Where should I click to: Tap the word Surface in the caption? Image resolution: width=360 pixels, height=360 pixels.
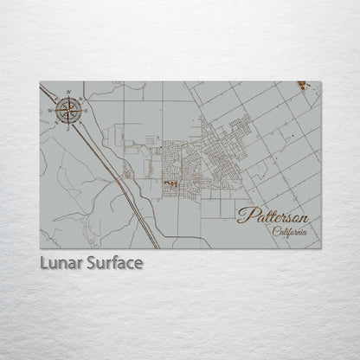[x=112, y=261]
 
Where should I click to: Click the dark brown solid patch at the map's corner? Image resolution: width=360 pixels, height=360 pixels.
[x=301, y=85]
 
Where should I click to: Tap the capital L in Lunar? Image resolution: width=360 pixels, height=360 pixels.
[x=43, y=261]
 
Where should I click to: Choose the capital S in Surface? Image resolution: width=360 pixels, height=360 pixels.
[x=90, y=261]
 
